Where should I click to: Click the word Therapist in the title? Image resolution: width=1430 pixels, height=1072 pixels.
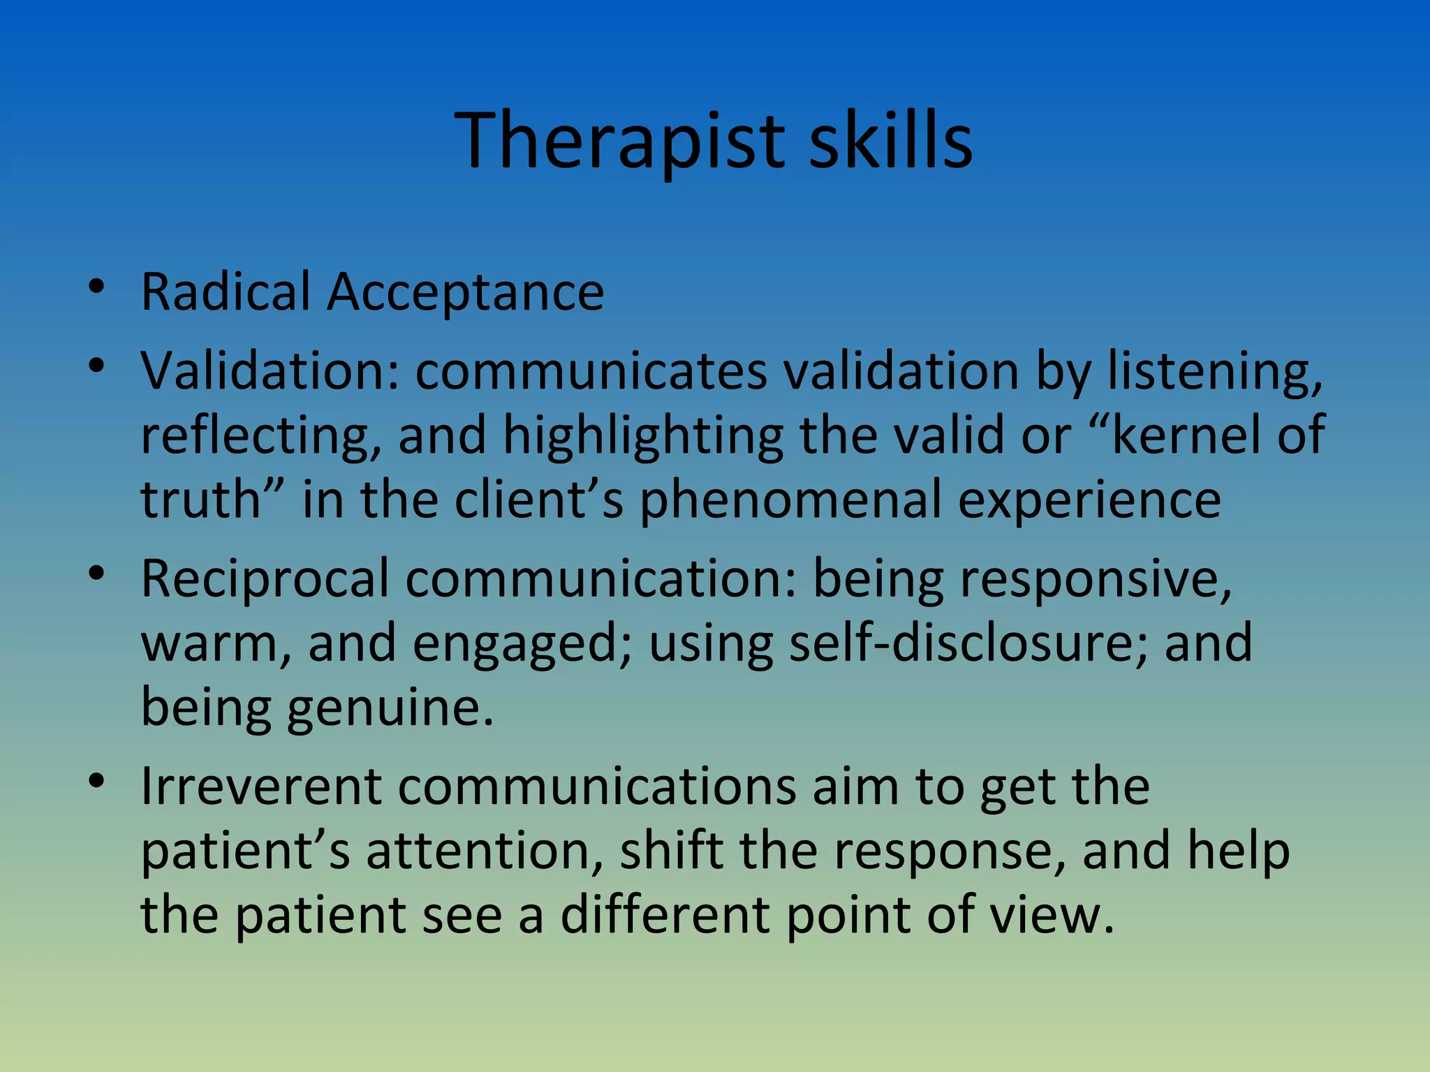tap(621, 141)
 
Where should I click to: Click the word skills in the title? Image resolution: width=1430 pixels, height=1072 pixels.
tap(890, 141)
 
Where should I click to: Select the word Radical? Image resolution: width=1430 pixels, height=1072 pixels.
tap(226, 292)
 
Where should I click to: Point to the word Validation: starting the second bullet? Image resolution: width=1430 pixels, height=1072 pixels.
tap(270, 371)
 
